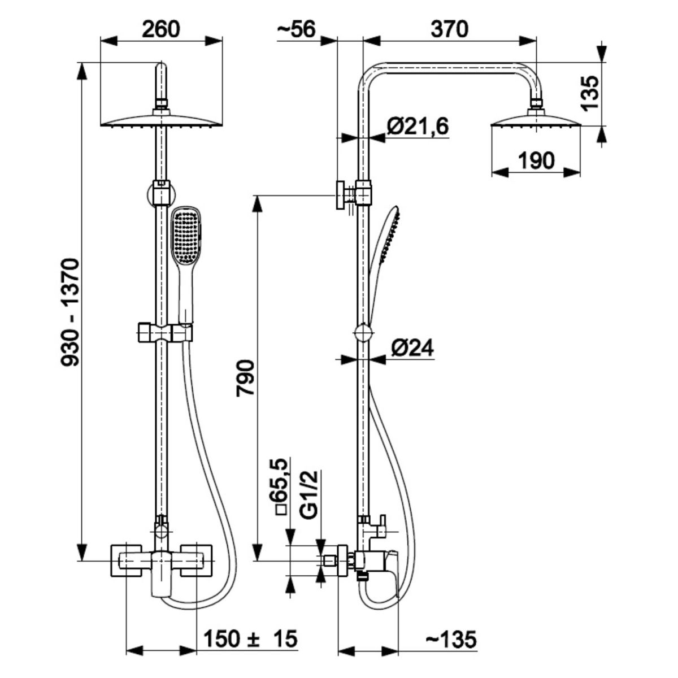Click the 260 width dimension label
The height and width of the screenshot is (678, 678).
pyautogui.click(x=160, y=29)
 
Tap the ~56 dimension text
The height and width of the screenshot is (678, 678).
pyautogui.click(x=297, y=29)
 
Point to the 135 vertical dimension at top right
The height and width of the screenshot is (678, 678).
pyautogui.click(x=589, y=93)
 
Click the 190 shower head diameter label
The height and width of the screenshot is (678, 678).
pyautogui.click(x=536, y=160)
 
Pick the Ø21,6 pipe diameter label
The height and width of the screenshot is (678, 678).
pyautogui.click(x=418, y=126)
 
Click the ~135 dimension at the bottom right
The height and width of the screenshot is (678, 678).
pyautogui.click(x=451, y=640)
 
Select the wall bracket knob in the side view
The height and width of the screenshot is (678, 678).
pyautogui.click(x=341, y=195)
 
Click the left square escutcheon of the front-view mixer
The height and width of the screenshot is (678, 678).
pyautogui.click(x=127, y=560)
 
